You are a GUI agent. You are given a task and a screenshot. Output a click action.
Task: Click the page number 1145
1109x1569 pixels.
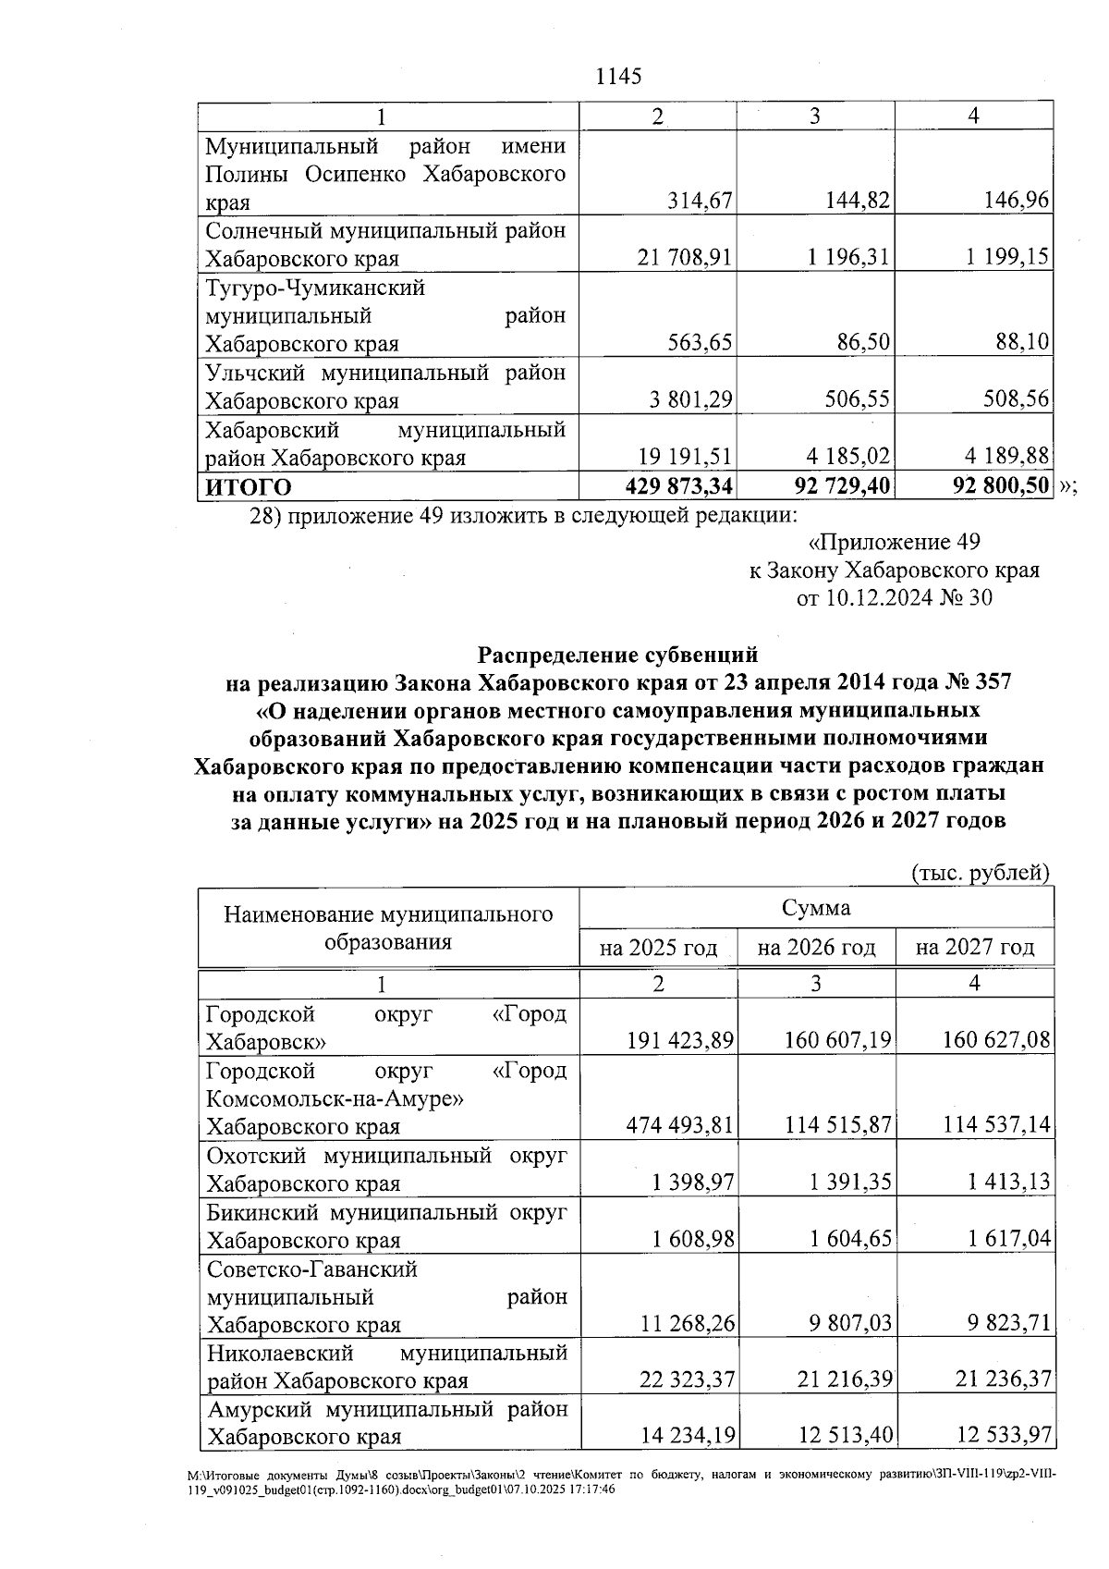coord(619,77)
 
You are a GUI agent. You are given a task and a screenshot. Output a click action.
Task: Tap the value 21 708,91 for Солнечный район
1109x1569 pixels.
coord(685,257)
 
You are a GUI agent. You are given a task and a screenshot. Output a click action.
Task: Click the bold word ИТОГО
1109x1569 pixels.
coord(249,487)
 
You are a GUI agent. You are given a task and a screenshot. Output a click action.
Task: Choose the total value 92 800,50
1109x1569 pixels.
coord(1001,486)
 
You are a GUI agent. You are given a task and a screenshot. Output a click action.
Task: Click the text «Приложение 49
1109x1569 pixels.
coord(894,542)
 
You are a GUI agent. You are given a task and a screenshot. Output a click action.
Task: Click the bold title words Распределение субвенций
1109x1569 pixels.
coord(617,655)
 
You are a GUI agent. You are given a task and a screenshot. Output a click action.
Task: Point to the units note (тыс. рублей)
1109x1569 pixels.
coord(981,873)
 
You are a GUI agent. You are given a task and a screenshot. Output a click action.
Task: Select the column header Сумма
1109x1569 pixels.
coord(816,907)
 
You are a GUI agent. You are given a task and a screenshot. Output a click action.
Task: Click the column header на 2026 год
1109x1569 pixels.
coord(816,948)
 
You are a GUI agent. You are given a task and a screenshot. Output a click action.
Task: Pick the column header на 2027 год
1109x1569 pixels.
coord(974,948)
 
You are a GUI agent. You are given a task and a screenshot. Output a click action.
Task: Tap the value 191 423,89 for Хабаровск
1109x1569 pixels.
coord(680,1041)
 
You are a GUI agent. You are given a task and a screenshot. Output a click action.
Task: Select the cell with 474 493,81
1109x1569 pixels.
coord(680,1125)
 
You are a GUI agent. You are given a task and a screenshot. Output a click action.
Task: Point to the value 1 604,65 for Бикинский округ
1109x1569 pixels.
coord(851,1239)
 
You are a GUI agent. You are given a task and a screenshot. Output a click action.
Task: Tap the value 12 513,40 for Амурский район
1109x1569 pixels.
coord(845,1436)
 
